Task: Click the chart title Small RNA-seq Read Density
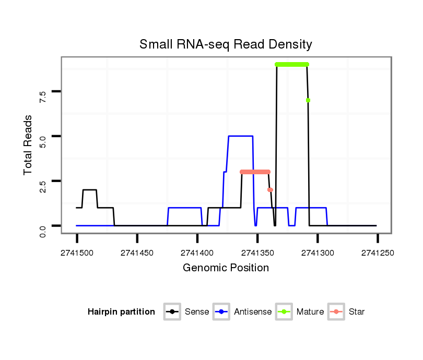pyautogui.click(x=226, y=44)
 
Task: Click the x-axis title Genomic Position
pyautogui.click(x=226, y=268)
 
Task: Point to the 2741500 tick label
pyautogui.click(x=77, y=253)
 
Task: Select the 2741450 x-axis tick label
pyautogui.click(x=137, y=253)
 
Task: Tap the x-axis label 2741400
pyautogui.click(x=197, y=253)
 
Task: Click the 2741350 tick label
pyautogui.click(x=257, y=253)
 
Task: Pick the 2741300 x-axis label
pyautogui.click(x=317, y=253)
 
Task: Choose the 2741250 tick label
pyautogui.click(x=377, y=253)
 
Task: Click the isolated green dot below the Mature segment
pyautogui.click(x=308, y=100)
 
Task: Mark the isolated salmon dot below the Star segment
pyautogui.click(x=270, y=190)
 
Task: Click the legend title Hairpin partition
pyautogui.click(x=121, y=312)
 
